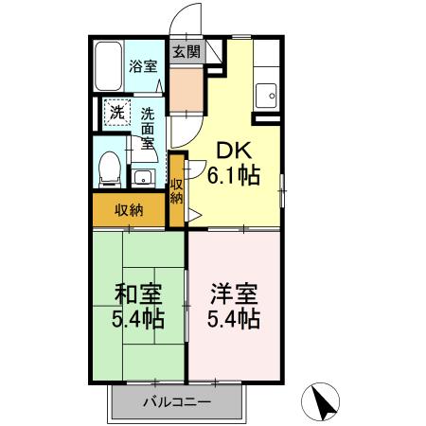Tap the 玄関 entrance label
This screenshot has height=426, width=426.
(x=185, y=53)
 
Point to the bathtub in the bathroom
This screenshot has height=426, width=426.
(x=109, y=66)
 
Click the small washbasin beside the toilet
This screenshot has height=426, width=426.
(x=144, y=177)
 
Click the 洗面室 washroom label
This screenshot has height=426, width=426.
(x=148, y=130)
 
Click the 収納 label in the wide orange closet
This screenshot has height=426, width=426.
(x=129, y=210)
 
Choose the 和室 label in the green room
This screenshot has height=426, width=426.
(x=138, y=293)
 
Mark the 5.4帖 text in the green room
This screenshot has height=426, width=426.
(x=138, y=318)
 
